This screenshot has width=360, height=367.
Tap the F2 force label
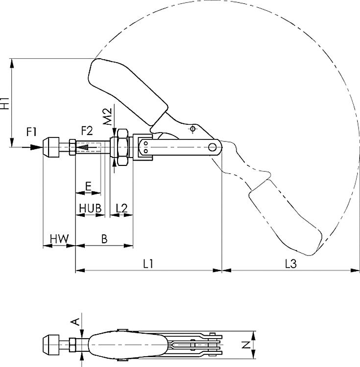pyautogui.click(x=87, y=131)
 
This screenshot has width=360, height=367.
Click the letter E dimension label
pyautogui.click(x=88, y=186)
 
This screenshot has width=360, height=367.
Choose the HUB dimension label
pyautogui.click(x=91, y=208)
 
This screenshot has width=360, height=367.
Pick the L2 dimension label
pyautogui.click(x=121, y=208)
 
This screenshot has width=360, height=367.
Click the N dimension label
pyautogui.click(x=248, y=344)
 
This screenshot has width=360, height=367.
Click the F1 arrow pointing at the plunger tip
pyautogui.click(x=35, y=146)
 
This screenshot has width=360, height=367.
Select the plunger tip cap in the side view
pyautogui.click(x=50, y=146)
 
